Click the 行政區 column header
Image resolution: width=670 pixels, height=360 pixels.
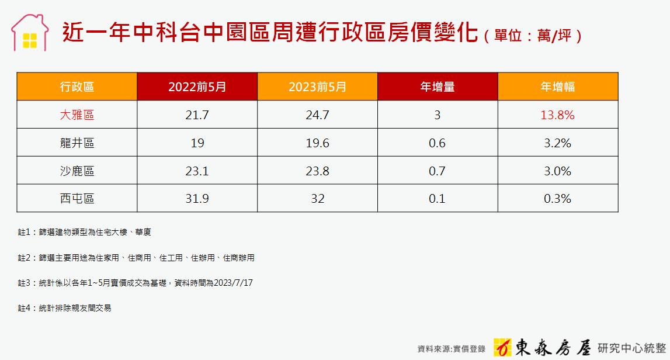(77, 86)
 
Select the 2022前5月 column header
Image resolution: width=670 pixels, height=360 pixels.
(197, 86)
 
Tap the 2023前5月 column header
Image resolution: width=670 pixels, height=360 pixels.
(317, 86)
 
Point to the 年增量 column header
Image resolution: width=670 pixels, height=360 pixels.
(438, 86)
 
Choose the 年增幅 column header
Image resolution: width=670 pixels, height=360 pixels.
(558, 86)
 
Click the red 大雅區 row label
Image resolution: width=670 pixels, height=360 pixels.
(77, 115)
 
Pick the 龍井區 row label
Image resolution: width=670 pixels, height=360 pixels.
(77, 143)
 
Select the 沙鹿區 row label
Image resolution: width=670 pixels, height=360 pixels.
(77, 171)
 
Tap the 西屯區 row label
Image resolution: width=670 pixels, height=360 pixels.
(77, 199)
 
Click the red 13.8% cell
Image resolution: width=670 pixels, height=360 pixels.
(558, 115)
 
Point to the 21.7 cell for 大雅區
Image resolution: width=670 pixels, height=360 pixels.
(197, 115)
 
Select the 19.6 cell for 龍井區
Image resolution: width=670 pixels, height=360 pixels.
(317, 143)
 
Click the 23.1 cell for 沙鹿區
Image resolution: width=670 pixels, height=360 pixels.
(197, 171)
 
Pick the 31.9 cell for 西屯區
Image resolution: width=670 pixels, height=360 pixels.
(197, 199)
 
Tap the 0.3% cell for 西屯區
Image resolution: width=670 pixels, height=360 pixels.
(558, 199)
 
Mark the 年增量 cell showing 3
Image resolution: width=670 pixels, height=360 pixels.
(438, 115)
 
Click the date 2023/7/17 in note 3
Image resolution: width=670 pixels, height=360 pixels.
(233, 283)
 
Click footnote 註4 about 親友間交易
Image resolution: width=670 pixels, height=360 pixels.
(64, 308)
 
